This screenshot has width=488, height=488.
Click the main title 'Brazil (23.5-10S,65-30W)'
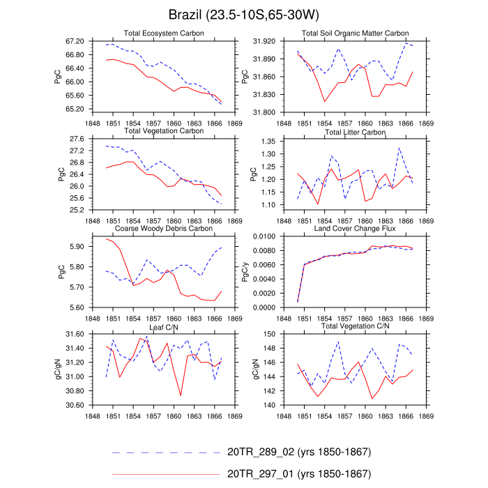click(243, 15)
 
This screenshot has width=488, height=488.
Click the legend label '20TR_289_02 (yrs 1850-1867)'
click(299, 452)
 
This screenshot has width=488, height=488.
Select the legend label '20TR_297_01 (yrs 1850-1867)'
click(299, 474)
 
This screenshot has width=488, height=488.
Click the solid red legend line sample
click(166, 475)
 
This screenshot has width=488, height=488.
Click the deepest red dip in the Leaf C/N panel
click(181, 395)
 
